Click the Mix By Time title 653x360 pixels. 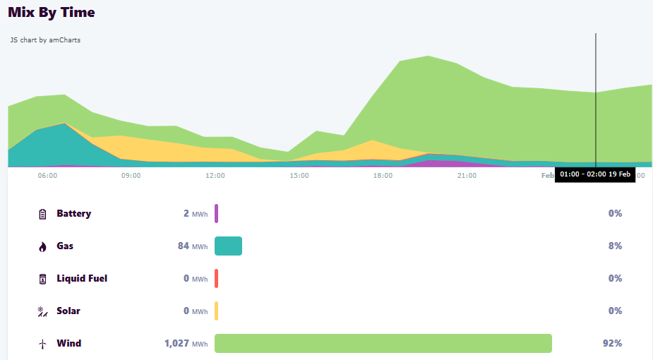pos(52,12)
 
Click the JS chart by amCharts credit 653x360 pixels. pos(45,40)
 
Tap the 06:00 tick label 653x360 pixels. pos(47,175)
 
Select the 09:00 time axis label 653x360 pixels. pos(131,175)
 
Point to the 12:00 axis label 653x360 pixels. pos(215,175)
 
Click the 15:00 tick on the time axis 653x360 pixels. pos(299,175)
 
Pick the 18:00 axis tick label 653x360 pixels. pos(383,175)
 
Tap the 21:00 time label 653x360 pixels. pos(467,175)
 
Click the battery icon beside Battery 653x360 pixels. pos(42,214)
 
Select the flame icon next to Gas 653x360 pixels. pos(42,246)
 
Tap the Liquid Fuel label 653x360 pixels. pos(82,279)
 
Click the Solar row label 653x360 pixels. pos(68,311)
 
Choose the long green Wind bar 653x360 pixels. pos(383,344)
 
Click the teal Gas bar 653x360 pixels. pos(228,246)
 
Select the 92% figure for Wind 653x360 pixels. pos(612,344)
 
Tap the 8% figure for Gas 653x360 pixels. pos(615,246)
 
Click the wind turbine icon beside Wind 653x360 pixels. pos(42,344)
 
